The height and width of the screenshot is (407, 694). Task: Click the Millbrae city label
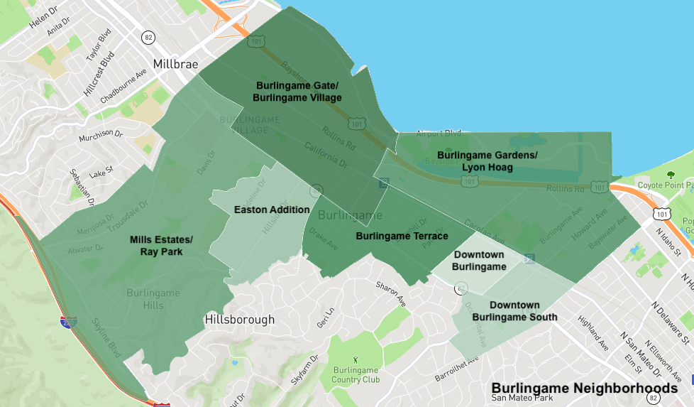pos(175,63)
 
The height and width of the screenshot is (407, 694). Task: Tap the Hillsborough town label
pos(239,320)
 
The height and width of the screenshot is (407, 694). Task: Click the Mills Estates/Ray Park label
pos(161,245)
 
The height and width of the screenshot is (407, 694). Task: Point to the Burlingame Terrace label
pos(402,236)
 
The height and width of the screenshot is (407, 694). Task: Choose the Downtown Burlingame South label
pos(514,311)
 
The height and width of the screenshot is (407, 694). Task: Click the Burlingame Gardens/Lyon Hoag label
pos(487,161)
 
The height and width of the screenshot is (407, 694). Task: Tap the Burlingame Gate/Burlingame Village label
pos(297,92)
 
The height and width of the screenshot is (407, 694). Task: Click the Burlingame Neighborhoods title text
pos(584,389)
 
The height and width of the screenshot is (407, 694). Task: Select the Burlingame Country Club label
pos(356,374)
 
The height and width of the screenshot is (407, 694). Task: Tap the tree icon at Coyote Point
pos(671,175)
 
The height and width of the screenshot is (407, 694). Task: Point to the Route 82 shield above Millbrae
pos(148,37)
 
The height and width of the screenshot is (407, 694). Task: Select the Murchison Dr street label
pos(101,133)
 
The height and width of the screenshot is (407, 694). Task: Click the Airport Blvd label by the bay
pos(439,133)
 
